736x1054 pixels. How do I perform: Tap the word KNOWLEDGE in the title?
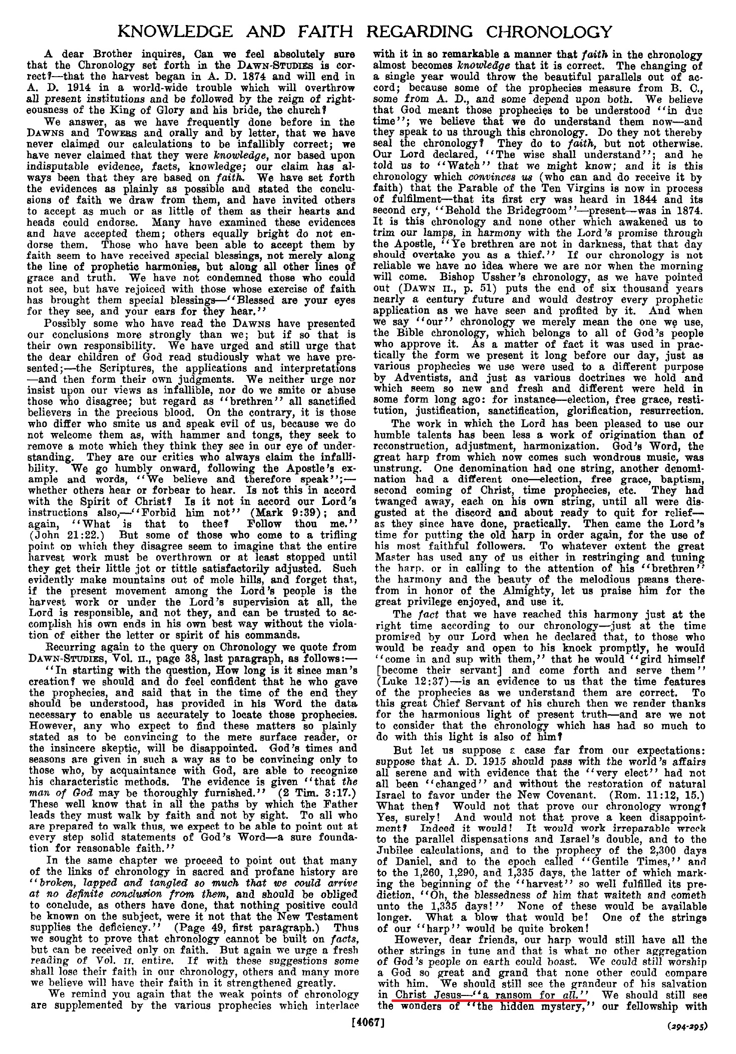click(x=174, y=32)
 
